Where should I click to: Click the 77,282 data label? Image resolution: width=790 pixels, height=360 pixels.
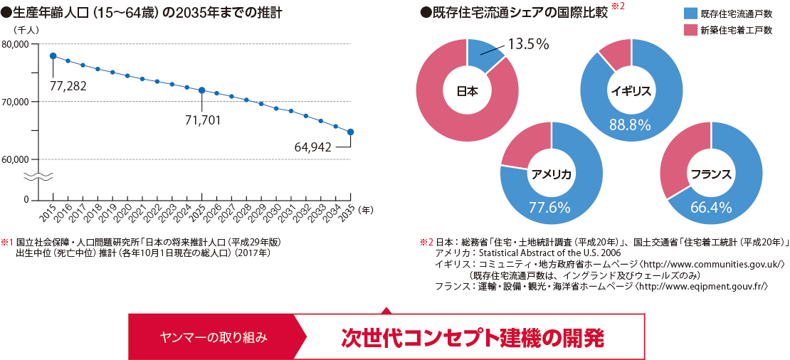coord(68,86)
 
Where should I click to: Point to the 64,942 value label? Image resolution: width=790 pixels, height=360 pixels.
coord(313,147)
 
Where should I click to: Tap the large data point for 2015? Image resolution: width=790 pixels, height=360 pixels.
coord(53,56)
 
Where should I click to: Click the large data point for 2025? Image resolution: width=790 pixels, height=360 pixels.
coord(201,90)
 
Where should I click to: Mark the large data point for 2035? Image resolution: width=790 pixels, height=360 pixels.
coord(350,132)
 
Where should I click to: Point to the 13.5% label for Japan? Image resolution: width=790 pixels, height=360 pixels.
coord(527,44)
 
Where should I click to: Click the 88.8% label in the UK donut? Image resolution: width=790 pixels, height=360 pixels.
coord(631,125)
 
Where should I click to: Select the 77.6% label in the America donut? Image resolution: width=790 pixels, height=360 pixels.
coord(550,208)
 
